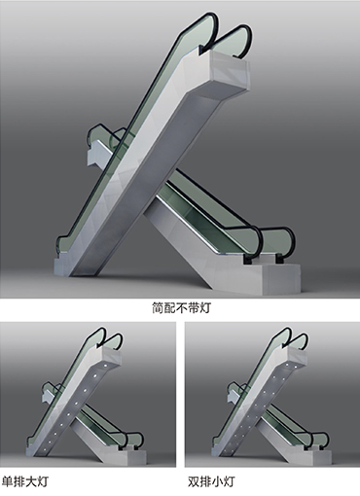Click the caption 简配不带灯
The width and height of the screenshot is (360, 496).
coord(181,307)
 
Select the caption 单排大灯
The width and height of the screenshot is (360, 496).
coord(25,481)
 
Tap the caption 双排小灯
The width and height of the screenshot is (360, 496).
coord(211,481)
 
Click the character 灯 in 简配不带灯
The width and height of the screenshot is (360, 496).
coord(205,307)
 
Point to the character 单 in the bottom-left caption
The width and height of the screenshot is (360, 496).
coord(8,481)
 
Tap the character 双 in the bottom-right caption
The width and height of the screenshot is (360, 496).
coord(194,481)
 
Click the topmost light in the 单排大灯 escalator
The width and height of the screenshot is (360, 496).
coord(105,366)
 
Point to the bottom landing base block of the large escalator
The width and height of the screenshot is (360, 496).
coord(280,279)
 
